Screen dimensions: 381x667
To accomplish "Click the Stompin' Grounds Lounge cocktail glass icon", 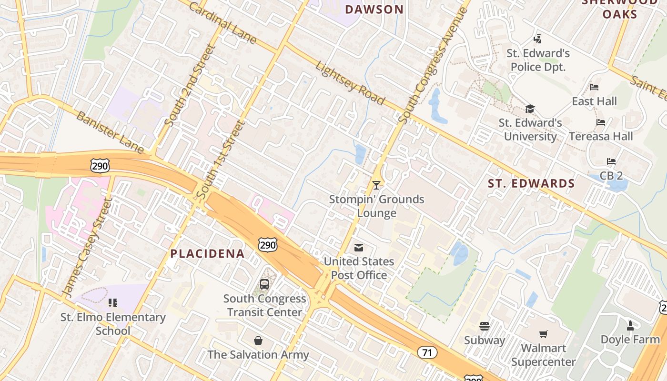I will (376, 185).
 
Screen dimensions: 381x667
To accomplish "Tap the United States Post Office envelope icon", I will (359, 247).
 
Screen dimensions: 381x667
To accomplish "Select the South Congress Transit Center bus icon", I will (264, 284).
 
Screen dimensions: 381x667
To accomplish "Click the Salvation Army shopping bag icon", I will (258, 341).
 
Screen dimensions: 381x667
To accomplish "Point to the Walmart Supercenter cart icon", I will (543, 334).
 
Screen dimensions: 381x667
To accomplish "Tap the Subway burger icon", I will (485, 326).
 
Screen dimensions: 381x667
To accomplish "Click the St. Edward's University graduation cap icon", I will (530, 109).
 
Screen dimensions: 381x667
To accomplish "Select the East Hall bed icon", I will (594, 87).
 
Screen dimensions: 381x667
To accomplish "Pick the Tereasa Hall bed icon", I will (601, 122).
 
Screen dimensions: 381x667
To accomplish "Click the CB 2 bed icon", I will (611, 161).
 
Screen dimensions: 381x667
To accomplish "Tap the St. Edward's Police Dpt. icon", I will (538, 39).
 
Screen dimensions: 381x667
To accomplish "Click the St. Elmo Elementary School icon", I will (112, 302).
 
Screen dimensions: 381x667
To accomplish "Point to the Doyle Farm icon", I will (630, 326).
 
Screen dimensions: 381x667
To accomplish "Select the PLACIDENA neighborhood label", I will (208, 254).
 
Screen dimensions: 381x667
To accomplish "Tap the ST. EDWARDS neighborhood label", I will (531, 183).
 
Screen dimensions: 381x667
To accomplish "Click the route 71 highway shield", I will (427, 352).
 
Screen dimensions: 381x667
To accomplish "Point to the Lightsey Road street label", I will (350, 83).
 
